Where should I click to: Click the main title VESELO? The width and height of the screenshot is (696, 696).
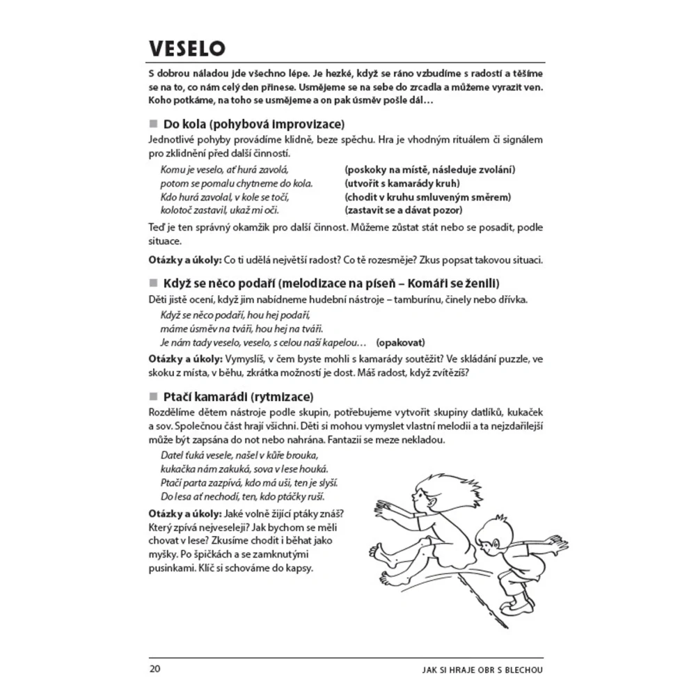pos(187,49)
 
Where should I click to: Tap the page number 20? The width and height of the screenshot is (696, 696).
pos(155,669)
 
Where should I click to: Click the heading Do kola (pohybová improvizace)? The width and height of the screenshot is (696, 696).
pos(254,125)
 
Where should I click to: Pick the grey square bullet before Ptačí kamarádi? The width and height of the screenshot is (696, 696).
pos(154,397)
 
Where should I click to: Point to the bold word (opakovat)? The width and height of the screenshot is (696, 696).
pos(400,342)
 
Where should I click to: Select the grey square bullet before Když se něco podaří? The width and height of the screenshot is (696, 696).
pos(154,283)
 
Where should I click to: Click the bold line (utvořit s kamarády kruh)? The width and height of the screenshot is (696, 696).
pos(402,184)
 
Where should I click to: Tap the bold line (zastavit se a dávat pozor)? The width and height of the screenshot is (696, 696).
pos(404,210)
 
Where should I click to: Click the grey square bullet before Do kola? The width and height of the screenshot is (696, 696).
pos(154,125)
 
